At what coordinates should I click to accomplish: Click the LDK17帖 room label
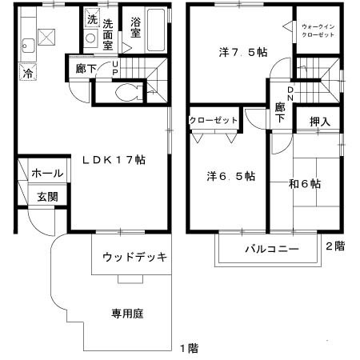114,159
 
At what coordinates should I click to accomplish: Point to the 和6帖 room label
305,183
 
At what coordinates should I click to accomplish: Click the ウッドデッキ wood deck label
134,257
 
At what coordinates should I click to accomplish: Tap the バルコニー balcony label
271,250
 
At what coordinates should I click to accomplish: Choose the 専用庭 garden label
127,314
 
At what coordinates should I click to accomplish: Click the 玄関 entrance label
46,197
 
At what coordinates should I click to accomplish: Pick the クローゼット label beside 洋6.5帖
214,120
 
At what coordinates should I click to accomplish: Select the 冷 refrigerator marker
26,71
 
